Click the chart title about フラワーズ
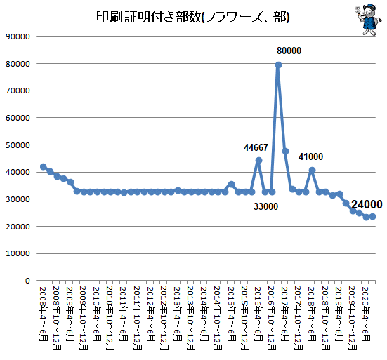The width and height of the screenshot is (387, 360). (x=192, y=17)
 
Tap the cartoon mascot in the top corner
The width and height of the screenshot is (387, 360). (x=367, y=20)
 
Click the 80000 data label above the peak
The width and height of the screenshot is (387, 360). (x=289, y=51)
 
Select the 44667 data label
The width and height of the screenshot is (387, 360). (x=256, y=147)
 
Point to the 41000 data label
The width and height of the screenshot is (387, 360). (x=310, y=156)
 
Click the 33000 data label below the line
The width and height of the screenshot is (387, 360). (x=265, y=206)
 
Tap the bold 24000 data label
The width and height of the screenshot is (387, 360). (x=367, y=204)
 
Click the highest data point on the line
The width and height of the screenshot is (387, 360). (x=278, y=65)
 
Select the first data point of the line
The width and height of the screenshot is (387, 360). (x=43, y=167)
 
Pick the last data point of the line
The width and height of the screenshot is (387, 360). (x=373, y=217)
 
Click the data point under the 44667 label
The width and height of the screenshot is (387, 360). (x=258, y=161)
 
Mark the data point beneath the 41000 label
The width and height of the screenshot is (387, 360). (x=313, y=170)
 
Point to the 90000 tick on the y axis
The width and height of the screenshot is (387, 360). (x=18, y=36)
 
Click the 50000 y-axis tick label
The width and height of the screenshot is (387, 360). (x=18, y=145)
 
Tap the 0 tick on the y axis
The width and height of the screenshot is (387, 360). (x=27, y=281)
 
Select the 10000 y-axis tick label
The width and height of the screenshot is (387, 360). (x=18, y=253)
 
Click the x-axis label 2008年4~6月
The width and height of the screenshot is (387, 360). (x=43, y=314)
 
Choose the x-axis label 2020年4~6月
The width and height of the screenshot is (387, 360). (x=366, y=314)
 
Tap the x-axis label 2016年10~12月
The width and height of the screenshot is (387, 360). (x=272, y=319)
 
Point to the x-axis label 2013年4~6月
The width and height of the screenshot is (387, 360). (x=178, y=314)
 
